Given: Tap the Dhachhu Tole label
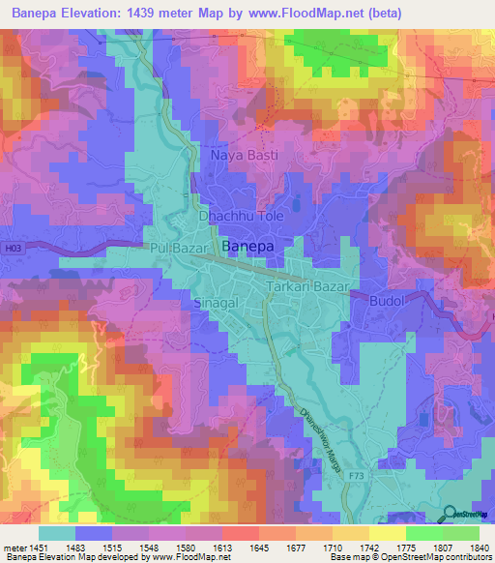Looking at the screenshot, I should [241, 217].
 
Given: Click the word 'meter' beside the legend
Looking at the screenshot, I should [14, 547].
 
